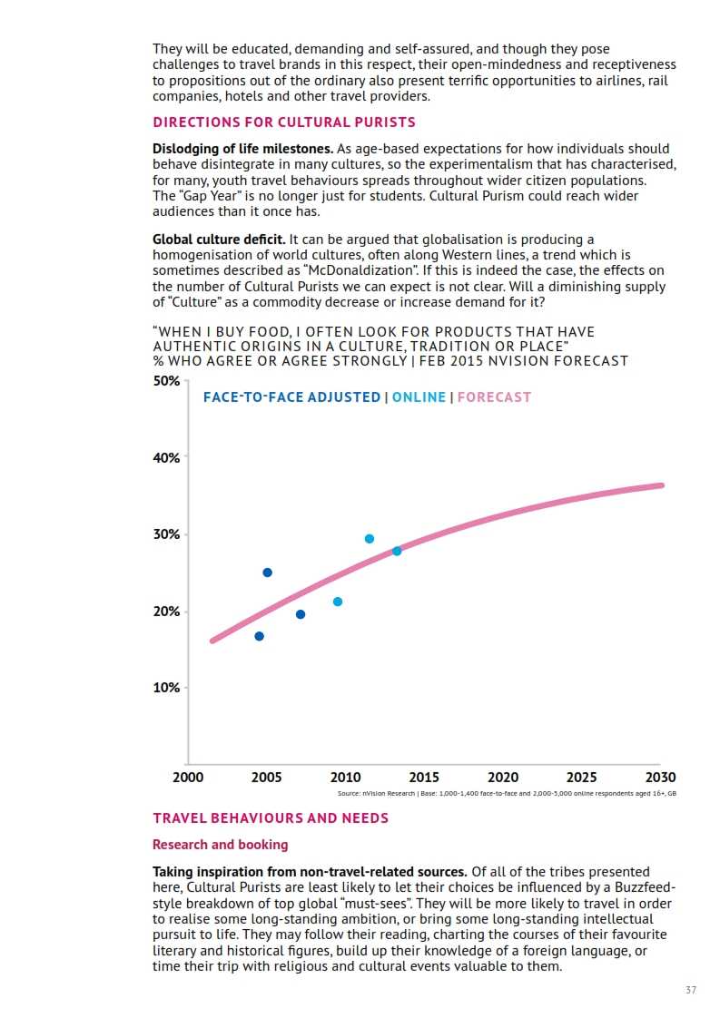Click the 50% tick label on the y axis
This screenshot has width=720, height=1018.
click(x=166, y=381)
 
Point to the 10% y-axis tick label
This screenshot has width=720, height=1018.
click(x=166, y=688)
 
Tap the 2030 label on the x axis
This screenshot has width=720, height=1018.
click(x=660, y=778)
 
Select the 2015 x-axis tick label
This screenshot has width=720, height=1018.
click(x=424, y=778)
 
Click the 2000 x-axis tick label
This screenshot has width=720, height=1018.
click(x=188, y=778)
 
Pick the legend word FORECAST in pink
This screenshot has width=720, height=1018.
click(x=494, y=397)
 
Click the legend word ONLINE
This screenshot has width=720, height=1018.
click(x=419, y=397)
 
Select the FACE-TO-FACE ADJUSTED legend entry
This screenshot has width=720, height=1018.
click(x=291, y=397)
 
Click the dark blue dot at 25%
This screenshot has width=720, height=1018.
click(x=267, y=573)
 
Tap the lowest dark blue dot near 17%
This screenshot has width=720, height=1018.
click(x=259, y=636)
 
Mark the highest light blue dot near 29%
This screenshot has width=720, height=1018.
click(x=370, y=539)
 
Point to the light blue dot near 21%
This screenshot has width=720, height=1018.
click(x=338, y=602)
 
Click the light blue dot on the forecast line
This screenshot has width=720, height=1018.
click(x=397, y=551)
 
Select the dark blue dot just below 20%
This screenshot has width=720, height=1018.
click(x=301, y=614)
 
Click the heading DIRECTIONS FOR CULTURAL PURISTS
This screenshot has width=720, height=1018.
click(x=284, y=122)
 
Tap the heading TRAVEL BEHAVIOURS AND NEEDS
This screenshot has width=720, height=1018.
click(x=271, y=818)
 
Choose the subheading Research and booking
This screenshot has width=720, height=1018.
click(x=220, y=845)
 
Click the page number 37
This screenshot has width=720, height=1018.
click(x=691, y=990)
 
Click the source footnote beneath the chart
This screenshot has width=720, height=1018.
click(x=507, y=793)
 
